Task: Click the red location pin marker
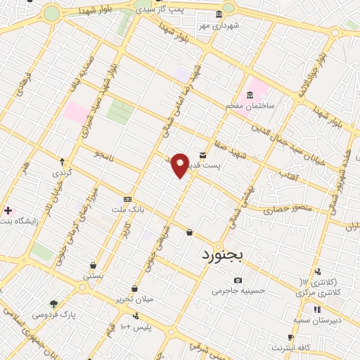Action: pyautogui.click(x=180, y=165)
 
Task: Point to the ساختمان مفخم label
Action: pyautogui.click(x=249, y=105)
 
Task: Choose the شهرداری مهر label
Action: pyautogui.click(x=219, y=25)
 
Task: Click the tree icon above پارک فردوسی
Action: pyautogui.click(x=54, y=304)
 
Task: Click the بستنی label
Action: pyautogui.click(x=94, y=276)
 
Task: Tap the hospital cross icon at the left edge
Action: pyautogui.click(x=8, y=210)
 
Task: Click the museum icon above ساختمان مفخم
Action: pyautogui.click(x=250, y=95)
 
